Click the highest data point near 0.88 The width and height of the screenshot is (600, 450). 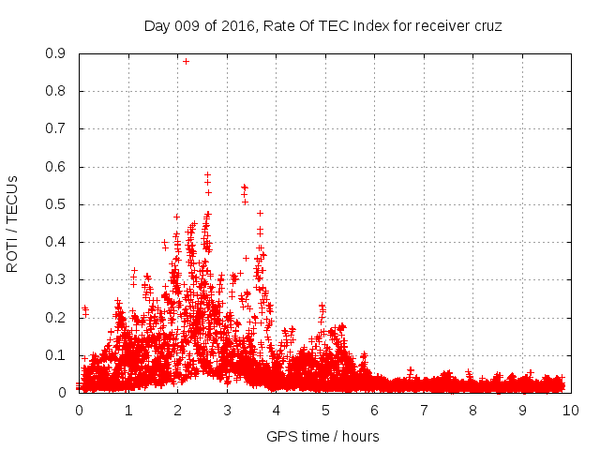point(186,61)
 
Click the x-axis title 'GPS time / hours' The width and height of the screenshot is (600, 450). point(322,436)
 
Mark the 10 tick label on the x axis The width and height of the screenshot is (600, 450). point(571,410)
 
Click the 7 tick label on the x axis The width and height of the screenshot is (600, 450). point(423,410)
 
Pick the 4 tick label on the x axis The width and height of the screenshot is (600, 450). point(276,410)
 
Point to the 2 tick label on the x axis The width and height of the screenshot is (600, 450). point(177,410)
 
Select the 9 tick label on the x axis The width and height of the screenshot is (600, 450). point(521,410)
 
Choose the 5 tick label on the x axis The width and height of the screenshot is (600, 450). point(324,410)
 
